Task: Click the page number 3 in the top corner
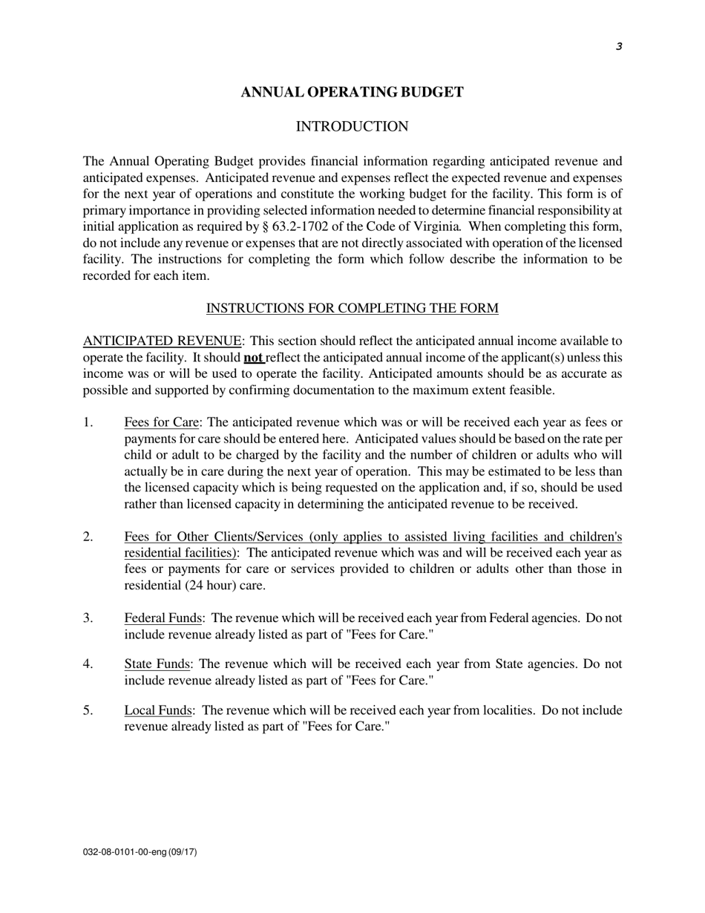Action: point(618,47)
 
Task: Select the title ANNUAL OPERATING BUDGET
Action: point(352,92)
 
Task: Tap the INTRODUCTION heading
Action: point(352,127)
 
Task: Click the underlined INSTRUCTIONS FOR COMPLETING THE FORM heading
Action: point(352,308)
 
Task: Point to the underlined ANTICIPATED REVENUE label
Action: point(162,341)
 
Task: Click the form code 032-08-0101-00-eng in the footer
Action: point(124,852)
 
